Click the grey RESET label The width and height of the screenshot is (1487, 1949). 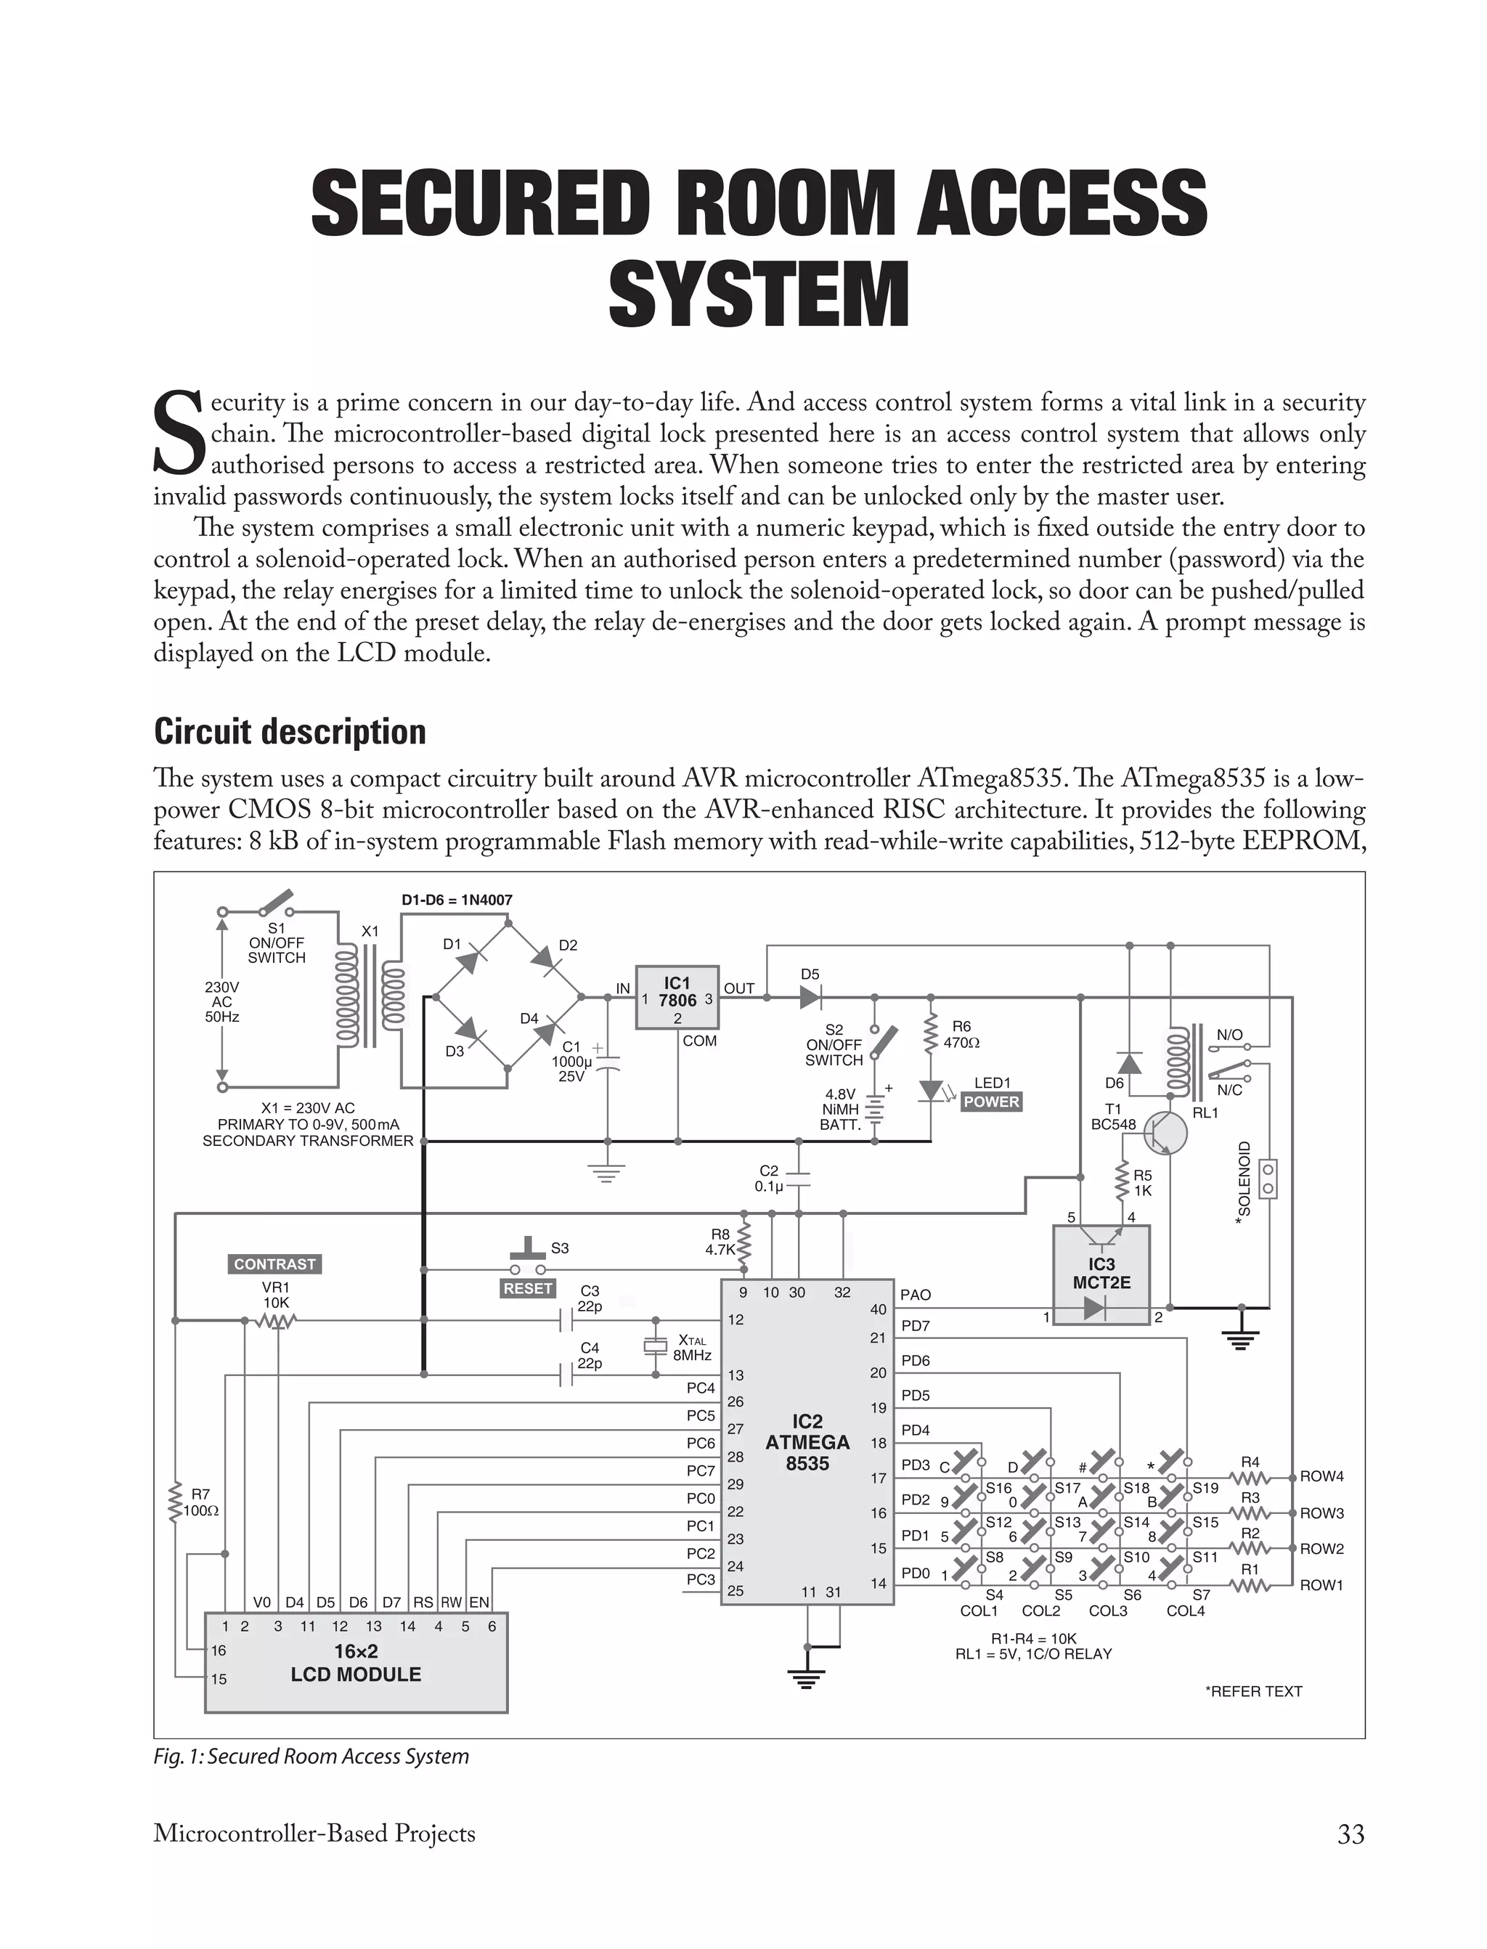click(528, 1289)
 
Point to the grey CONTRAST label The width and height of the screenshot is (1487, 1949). click(274, 1264)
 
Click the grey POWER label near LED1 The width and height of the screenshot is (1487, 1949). click(991, 1102)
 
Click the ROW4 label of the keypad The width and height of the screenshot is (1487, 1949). click(1321, 1476)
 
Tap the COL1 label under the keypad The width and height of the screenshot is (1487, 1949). click(979, 1611)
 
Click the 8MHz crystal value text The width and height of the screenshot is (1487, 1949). click(692, 1355)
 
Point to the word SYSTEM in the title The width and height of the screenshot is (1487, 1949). click(759, 295)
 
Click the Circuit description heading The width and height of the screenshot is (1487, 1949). click(290, 732)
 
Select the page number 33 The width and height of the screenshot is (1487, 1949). click(1350, 1834)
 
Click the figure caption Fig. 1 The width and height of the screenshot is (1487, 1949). click(311, 1756)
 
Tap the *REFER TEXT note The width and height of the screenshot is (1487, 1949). click(1253, 1691)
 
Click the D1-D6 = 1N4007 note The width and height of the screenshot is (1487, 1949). click(457, 900)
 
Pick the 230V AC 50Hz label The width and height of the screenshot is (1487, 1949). click(221, 1001)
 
